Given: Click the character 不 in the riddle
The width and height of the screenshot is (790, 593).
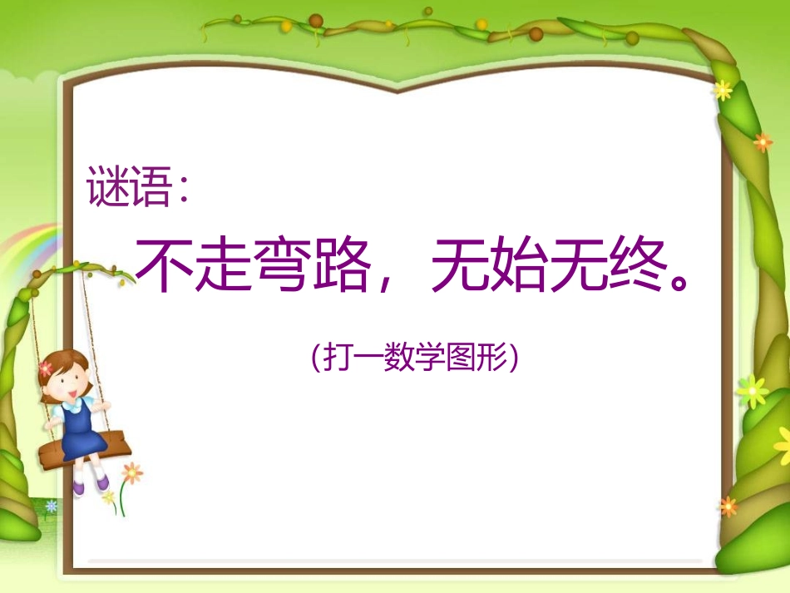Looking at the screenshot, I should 164,266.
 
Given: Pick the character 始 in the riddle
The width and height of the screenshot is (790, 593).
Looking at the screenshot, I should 518,266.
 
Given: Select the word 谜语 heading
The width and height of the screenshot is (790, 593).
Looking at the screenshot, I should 127,188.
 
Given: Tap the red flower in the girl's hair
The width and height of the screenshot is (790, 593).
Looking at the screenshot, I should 46,368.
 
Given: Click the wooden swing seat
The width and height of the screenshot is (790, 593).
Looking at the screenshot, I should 83,454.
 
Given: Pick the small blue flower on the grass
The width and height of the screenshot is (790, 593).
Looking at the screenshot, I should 52,505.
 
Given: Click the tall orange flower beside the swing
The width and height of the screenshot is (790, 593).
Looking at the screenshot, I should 131,473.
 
